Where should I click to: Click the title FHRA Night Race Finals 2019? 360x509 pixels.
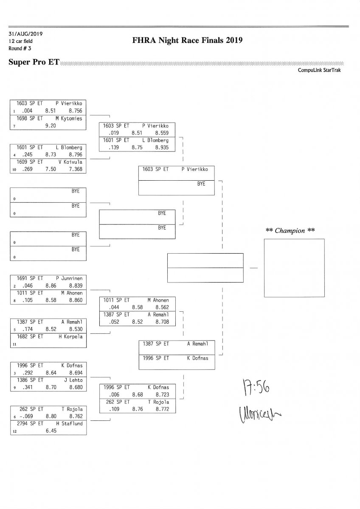(x=187, y=41)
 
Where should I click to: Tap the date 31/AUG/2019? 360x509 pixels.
(x=25, y=34)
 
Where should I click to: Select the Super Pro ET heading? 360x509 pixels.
(x=34, y=62)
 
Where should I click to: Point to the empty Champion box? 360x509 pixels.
(x=294, y=268)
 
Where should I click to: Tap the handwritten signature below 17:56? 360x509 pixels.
(x=257, y=412)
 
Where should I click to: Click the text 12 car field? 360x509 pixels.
(x=20, y=41)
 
